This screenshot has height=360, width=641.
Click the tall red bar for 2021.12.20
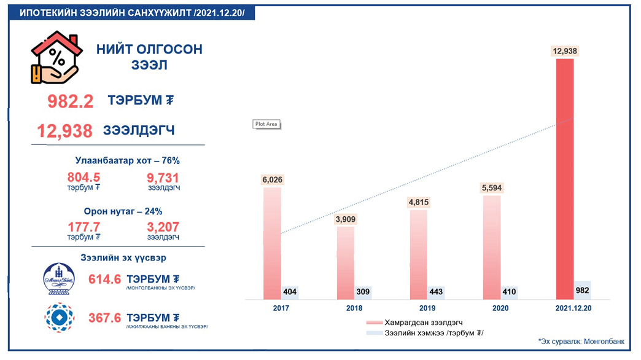tap(564, 178)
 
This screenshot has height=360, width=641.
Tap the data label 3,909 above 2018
tap(345, 219)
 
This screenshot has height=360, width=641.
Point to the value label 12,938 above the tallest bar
tap(565, 52)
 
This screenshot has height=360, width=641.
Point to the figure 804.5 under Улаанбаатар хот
tap(84, 178)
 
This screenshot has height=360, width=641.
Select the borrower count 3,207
tap(163, 227)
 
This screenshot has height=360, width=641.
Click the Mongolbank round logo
tap(59, 280)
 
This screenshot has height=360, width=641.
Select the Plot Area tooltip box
tap(266, 124)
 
